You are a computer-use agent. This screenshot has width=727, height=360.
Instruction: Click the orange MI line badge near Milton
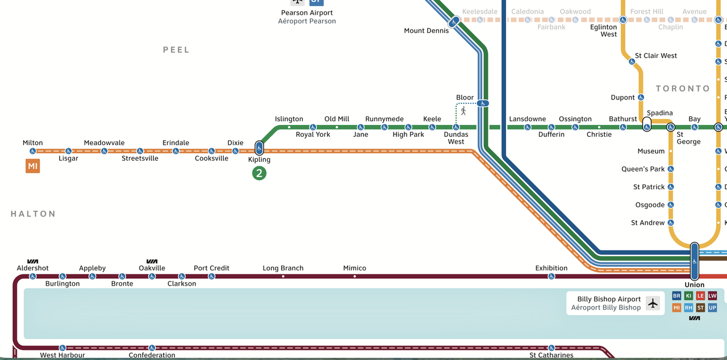coord(32,166)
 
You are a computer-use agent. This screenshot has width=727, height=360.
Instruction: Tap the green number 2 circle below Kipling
coord(259,173)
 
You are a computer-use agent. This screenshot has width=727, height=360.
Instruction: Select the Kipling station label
coord(259,160)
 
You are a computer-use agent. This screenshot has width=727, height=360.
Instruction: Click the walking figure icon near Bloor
coord(463,111)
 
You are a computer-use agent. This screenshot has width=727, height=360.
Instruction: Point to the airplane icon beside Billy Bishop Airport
coord(653,303)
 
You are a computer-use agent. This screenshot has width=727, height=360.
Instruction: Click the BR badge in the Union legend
coord(676,296)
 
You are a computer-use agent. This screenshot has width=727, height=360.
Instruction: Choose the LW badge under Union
coord(712,296)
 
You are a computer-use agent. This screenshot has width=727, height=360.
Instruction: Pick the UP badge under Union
coord(712,308)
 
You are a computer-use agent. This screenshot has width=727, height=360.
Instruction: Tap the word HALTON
coord(33,214)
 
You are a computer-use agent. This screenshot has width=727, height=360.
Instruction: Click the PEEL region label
coord(176,50)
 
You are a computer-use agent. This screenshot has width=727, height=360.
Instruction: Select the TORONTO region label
coord(683,89)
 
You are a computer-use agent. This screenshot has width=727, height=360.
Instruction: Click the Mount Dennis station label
coord(426,31)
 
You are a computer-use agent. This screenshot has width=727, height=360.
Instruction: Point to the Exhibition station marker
coord(551,277)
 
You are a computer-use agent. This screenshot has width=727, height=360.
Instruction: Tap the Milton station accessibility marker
coord(33,151)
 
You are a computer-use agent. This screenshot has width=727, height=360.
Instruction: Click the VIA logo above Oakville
coord(152,261)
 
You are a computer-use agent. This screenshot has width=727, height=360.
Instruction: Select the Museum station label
coord(651,151)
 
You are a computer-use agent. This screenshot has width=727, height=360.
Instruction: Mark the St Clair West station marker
coord(632,61)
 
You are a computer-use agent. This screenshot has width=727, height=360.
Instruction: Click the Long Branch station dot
coord(283,277)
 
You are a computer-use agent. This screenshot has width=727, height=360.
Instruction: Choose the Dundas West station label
coord(456,138)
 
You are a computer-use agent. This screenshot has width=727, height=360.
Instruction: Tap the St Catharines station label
coord(551,355)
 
